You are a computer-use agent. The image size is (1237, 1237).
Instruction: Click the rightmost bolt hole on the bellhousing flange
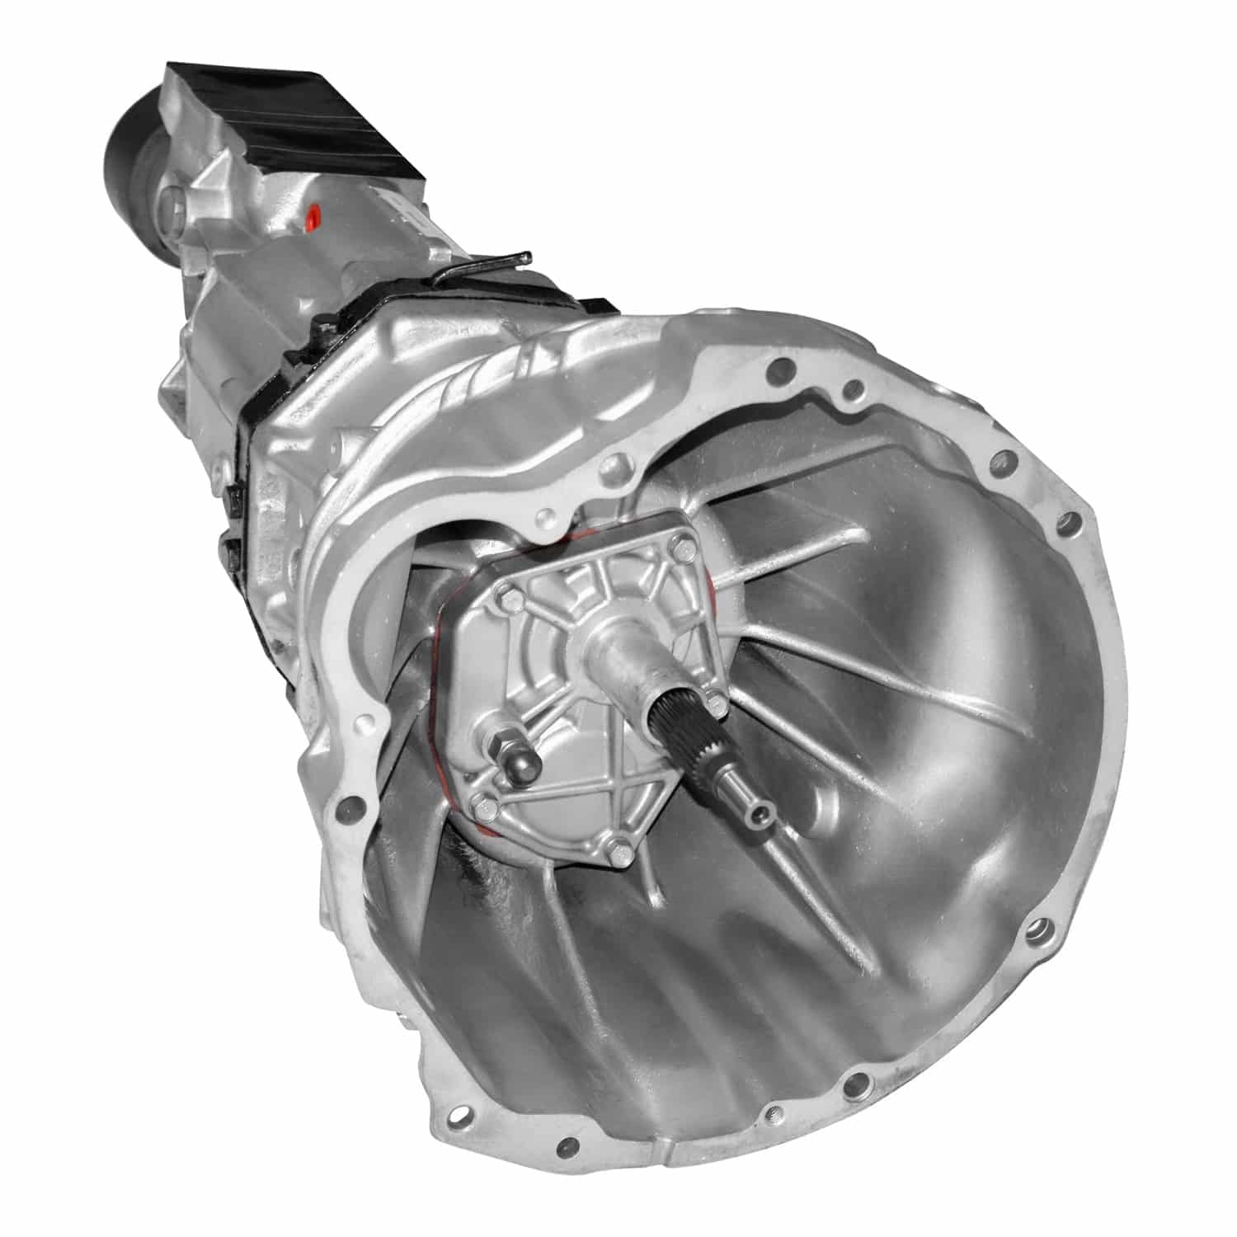[x=1071, y=522]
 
